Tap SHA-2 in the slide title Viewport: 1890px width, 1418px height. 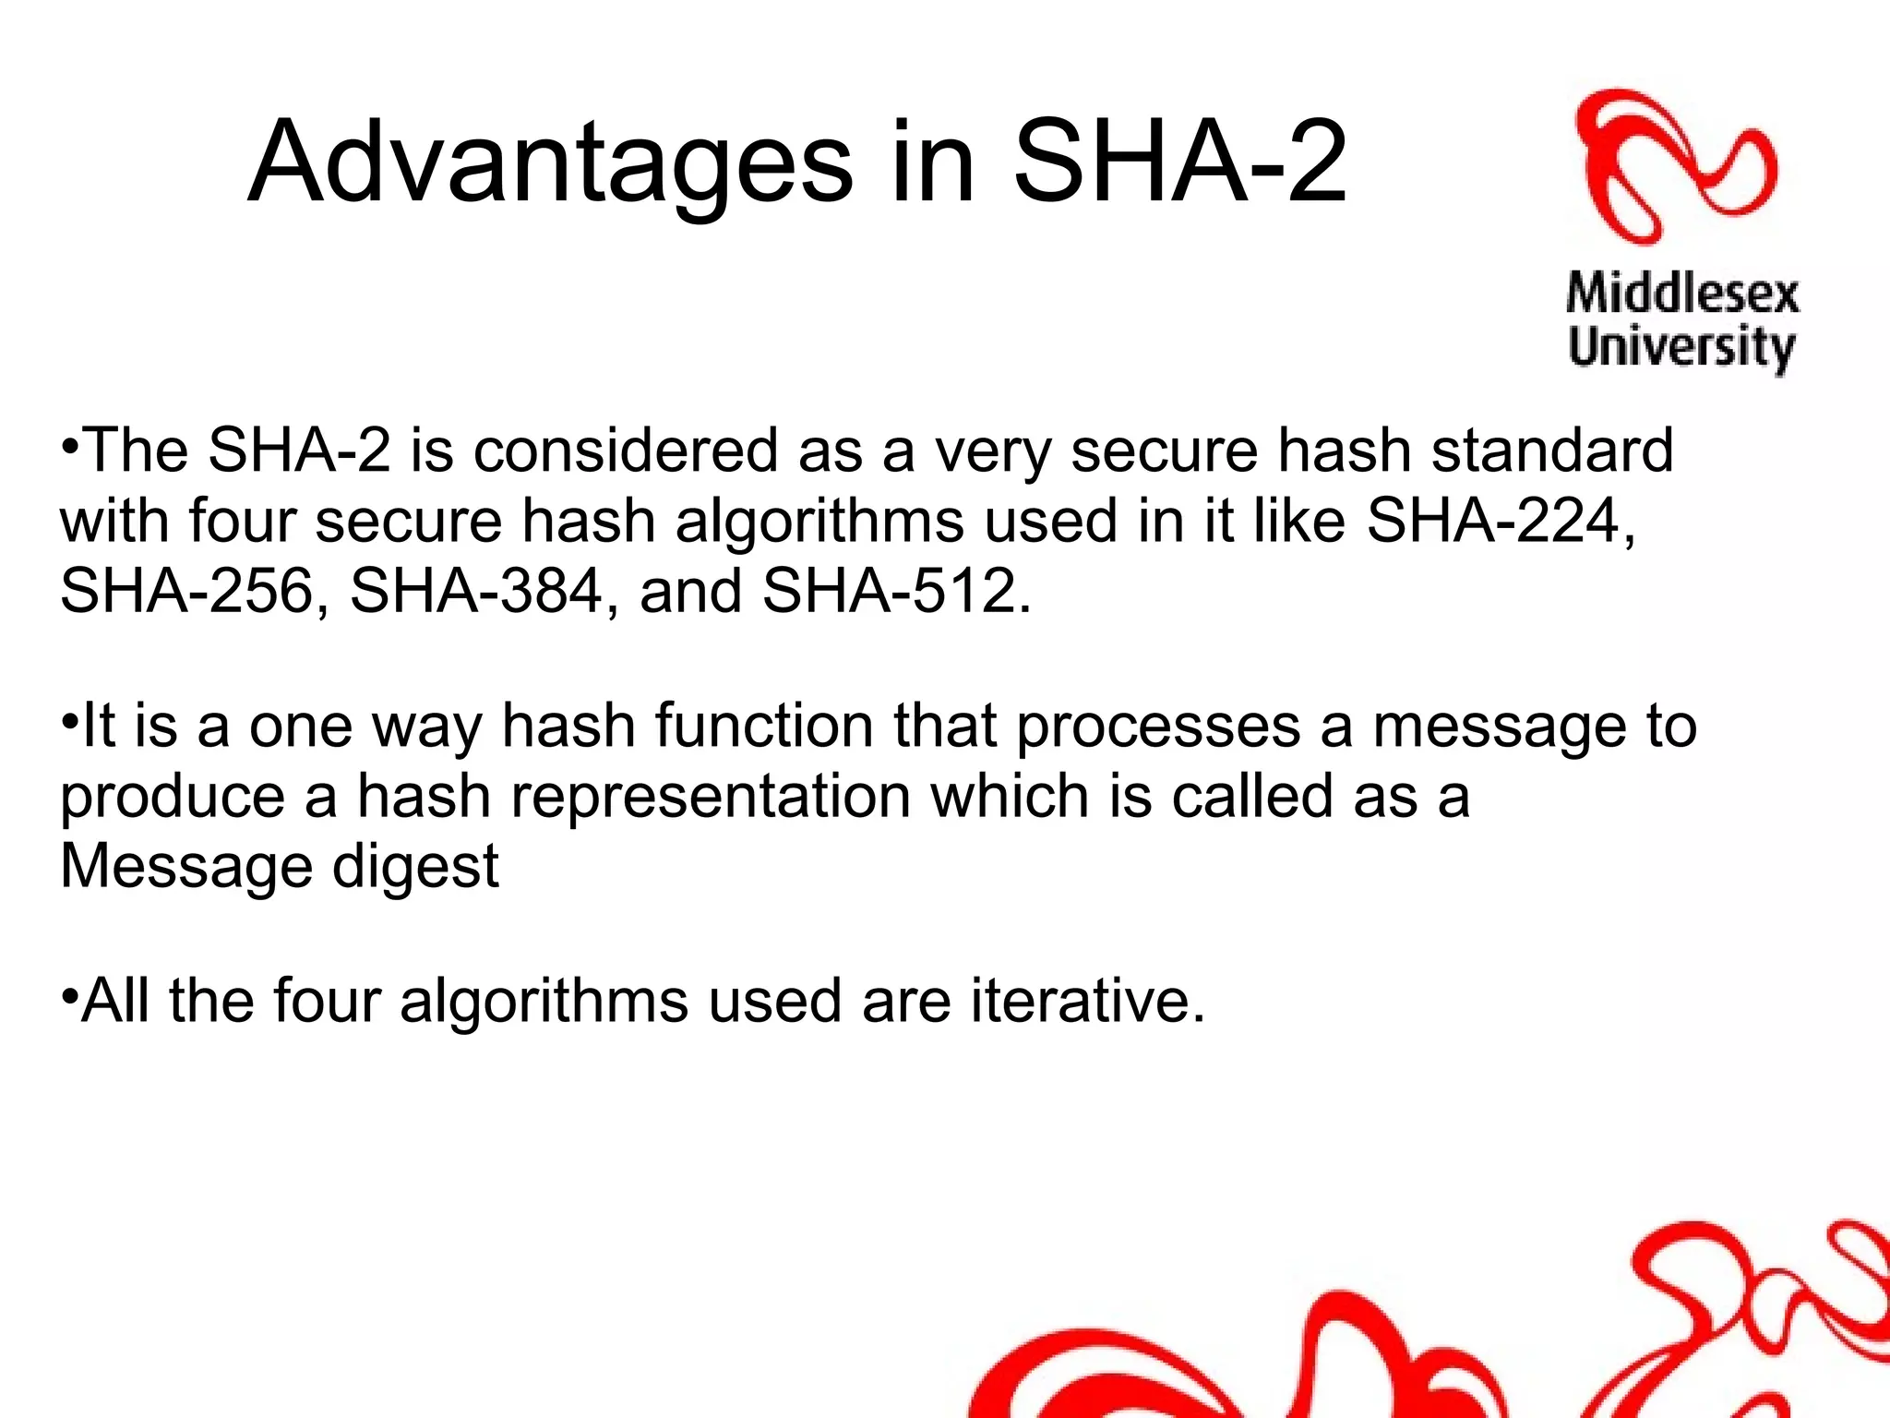1179,162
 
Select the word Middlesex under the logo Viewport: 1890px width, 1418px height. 1682,295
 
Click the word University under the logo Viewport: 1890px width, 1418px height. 1681,348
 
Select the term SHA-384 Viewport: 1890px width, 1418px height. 476,591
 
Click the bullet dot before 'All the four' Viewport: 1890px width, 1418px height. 69,997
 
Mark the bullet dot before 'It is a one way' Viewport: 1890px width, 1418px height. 69,721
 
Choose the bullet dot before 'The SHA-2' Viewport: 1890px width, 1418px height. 69,446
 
